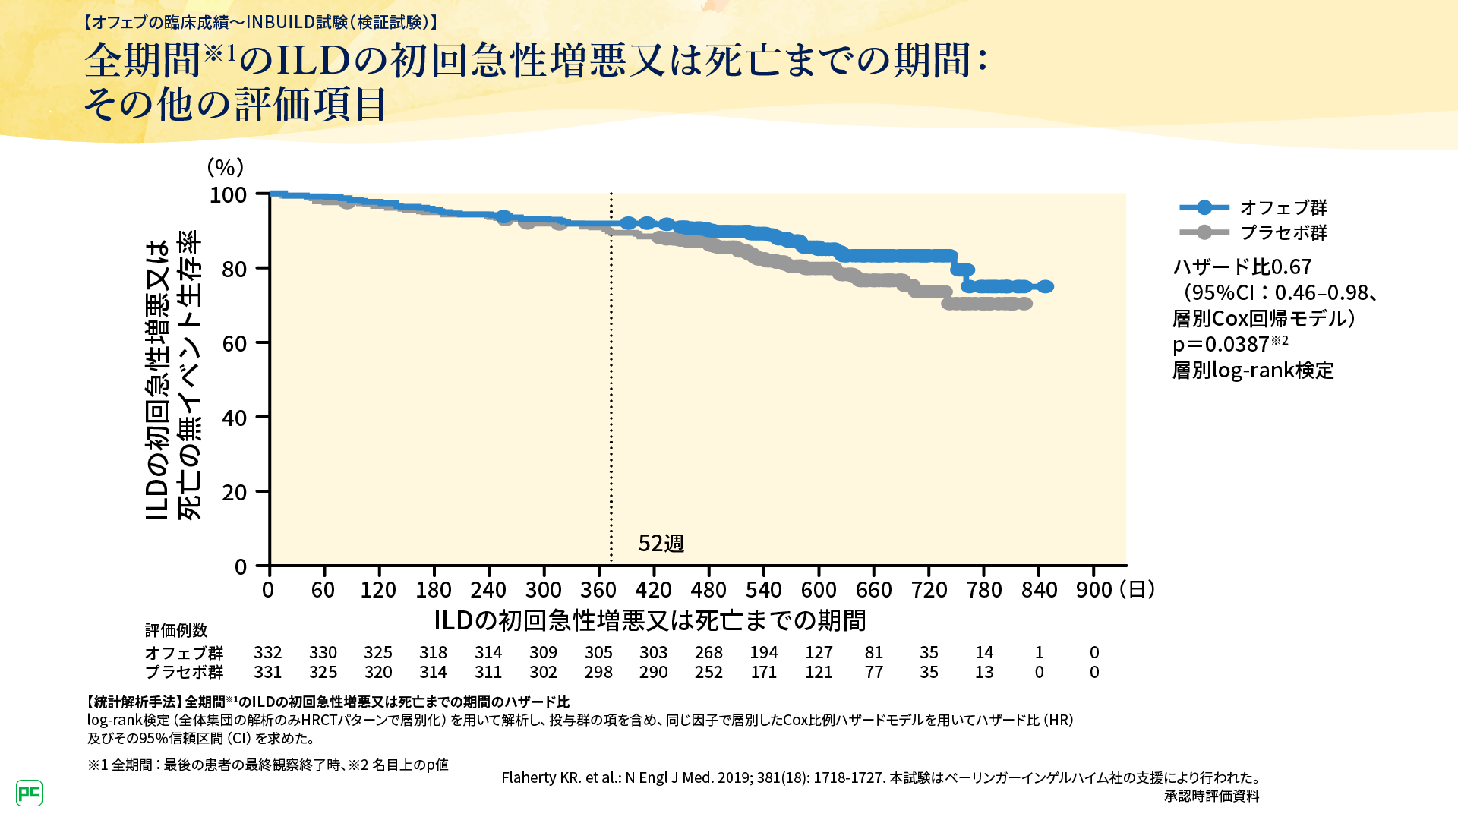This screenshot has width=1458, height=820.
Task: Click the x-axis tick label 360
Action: click(x=598, y=590)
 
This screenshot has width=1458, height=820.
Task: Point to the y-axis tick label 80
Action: click(x=235, y=269)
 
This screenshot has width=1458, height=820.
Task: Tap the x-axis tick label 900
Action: click(x=1093, y=590)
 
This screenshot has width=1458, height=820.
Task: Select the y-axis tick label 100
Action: click(x=228, y=195)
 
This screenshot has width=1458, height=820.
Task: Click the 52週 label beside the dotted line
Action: click(x=661, y=544)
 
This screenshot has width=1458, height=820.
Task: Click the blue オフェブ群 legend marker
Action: click(x=1204, y=207)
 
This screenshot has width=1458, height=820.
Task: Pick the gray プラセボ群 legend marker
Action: click(x=1204, y=232)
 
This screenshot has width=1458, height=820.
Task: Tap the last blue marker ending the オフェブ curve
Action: click(x=1046, y=286)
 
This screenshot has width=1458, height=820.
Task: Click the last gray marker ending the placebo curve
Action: click(x=1025, y=304)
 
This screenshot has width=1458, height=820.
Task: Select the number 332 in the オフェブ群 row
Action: click(x=267, y=653)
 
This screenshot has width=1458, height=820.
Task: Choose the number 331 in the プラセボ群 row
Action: click(x=267, y=673)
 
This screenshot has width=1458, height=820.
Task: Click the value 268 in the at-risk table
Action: click(x=708, y=653)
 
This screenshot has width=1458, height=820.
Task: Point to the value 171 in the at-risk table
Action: click(x=763, y=673)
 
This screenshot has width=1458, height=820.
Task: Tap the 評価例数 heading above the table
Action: click(x=176, y=631)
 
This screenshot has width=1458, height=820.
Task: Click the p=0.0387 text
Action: click(x=1220, y=345)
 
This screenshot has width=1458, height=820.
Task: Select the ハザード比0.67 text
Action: click(x=1242, y=267)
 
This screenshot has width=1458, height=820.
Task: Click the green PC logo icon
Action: click(x=29, y=793)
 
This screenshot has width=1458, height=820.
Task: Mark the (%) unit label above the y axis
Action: click(x=225, y=167)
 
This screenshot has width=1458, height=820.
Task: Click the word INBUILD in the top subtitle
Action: click(x=280, y=22)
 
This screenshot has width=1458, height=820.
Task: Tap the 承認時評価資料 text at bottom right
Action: click(x=1211, y=796)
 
